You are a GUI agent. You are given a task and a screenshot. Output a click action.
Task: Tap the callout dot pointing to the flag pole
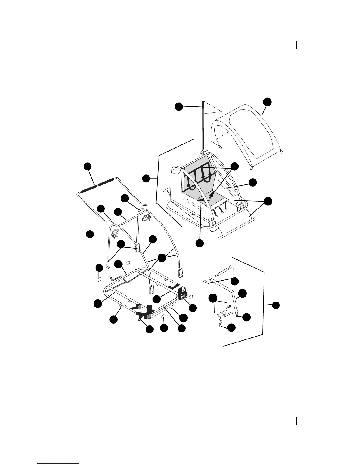coord(179,106)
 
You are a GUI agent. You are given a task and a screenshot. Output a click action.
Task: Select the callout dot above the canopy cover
coord(267,101)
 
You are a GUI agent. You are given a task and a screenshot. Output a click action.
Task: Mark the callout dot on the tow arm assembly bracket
coord(276,305)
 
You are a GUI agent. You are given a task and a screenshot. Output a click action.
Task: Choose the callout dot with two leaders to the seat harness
coord(234,166)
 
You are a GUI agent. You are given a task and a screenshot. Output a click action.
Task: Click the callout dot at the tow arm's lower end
coord(246,317)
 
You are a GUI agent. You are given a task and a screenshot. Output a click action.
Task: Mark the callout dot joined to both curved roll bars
coord(161,258)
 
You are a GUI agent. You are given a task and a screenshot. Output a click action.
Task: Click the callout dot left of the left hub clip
coord(90,234)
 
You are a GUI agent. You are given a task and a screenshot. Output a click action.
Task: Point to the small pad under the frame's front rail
coord(164,316)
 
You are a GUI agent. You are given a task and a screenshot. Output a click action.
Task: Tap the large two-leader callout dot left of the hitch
coord(213,298)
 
